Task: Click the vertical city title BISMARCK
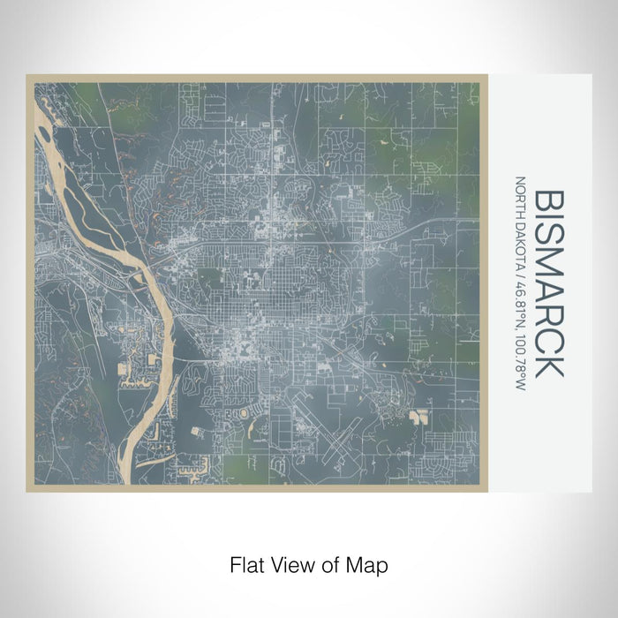tap(548, 283)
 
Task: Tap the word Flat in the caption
tap(245, 563)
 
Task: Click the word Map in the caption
tap(366, 563)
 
